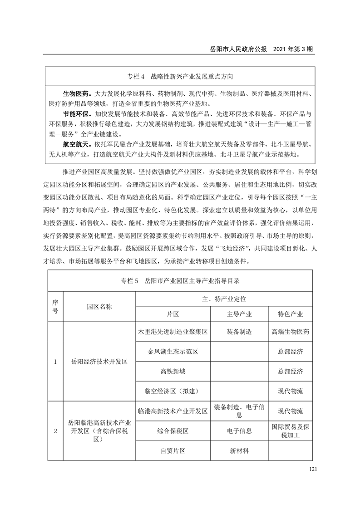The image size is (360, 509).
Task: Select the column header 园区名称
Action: click(x=99, y=306)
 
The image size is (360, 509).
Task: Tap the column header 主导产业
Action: click(x=239, y=314)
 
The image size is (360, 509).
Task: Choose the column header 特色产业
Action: click(x=290, y=314)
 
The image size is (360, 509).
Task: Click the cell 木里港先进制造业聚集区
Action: click(x=173, y=332)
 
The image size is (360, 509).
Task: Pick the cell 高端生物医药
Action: click(x=290, y=332)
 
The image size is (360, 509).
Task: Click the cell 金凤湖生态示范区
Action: click(x=173, y=352)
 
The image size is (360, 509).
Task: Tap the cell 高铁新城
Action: click(x=173, y=371)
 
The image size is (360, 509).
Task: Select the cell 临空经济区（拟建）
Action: click(x=173, y=391)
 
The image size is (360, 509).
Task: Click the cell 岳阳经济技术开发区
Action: click(x=99, y=362)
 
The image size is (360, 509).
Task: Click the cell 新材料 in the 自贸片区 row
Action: click(x=239, y=451)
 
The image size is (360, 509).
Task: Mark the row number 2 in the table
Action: click(x=55, y=431)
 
